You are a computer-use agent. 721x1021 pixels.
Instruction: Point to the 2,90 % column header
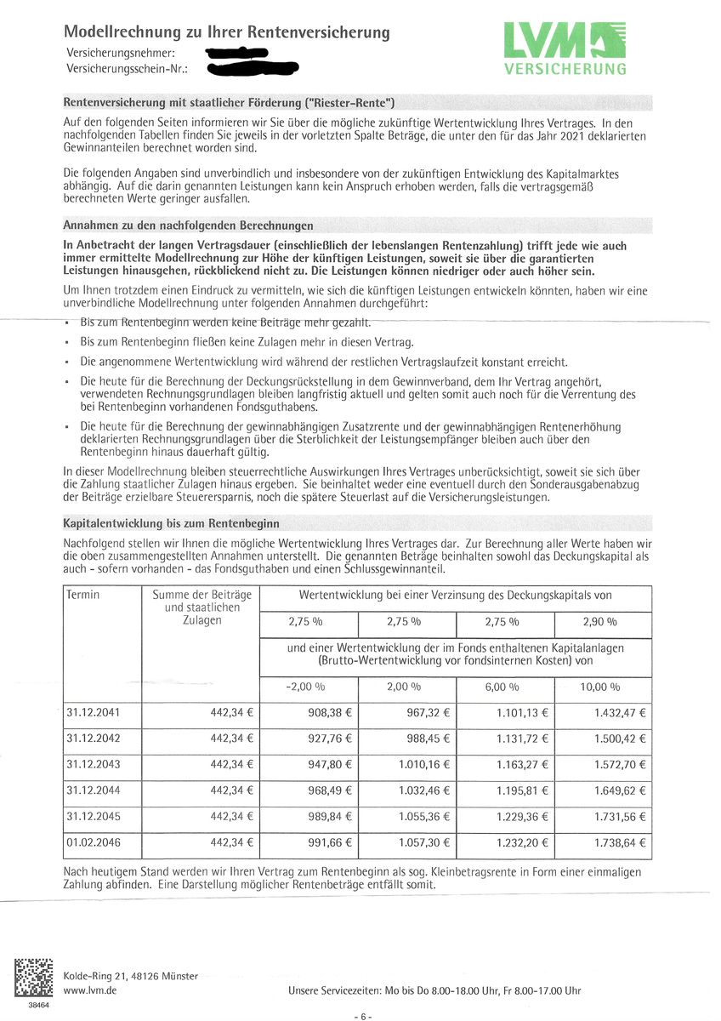click(602, 623)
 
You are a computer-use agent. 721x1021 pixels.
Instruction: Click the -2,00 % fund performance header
click(306, 687)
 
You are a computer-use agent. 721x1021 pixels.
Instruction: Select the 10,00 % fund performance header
click(601, 687)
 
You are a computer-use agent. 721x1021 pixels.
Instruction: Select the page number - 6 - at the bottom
click(361, 1017)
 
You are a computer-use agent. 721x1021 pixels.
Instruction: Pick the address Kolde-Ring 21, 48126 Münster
click(131, 976)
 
